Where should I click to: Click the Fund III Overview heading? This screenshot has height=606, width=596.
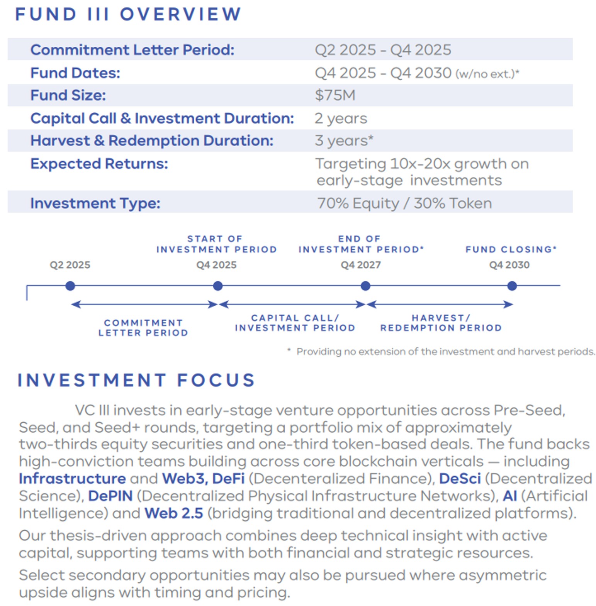pyautogui.click(x=128, y=14)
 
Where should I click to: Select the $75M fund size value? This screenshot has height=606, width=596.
pyautogui.click(x=335, y=95)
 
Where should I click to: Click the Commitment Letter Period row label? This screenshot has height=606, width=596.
pyautogui.click(x=132, y=50)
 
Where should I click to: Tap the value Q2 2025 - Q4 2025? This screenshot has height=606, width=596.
pyautogui.click(x=383, y=50)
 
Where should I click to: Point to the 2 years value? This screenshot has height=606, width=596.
pyautogui.click(x=341, y=118)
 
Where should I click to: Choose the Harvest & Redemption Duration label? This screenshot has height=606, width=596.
pyautogui.click(x=152, y=141)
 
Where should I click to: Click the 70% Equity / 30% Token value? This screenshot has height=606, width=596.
pyautogui.click(x=404, y=203)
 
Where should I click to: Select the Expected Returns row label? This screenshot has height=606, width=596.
pyautogui.click(x=99, y=164)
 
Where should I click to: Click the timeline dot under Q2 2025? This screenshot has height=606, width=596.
pyautogui.click(x=70, y=286)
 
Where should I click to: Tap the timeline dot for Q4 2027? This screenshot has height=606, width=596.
pyautogui.click(x=365, y=286)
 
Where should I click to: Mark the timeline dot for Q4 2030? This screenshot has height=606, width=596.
pyautogui.click(x=512, y=286)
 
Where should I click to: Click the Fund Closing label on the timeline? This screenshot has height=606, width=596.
pyautogui.click(x=511, y=249)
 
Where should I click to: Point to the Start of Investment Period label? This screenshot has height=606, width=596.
pyautogui.click(x=216, y=244)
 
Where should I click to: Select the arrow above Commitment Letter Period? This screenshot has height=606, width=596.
pyautogui.click(x=144, y=305)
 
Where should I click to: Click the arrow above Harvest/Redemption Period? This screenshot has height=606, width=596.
pyautogui.click(x=440, y=305)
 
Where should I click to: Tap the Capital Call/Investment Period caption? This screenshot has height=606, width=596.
pyautogui.click(x=295, y=323)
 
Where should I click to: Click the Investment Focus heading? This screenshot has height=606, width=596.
pyautogui.click(x=136, y=380)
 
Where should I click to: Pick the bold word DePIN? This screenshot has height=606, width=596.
pyautogui.click(x=110, y=496)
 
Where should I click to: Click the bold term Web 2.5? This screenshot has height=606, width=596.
pyautogui.click(x=173, y=513)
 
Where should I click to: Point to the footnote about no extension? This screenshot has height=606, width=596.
pyautogui.click(x=445, y=352)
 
